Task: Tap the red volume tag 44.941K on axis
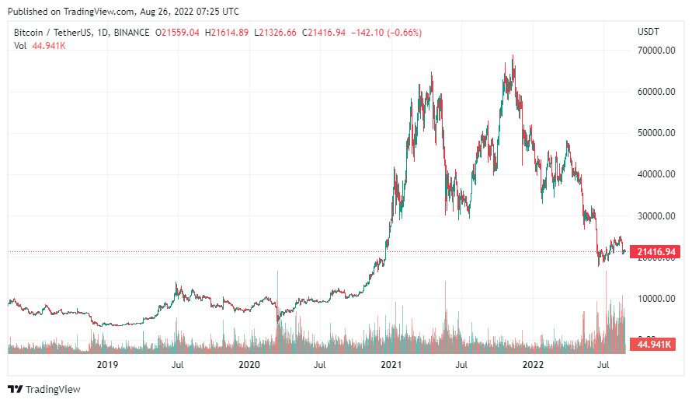(654, 344)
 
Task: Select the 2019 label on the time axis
(106, 364)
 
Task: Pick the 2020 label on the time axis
(249, 364)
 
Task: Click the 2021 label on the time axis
(391, 364)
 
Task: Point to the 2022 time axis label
(533, 364)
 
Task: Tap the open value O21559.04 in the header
(178, 32)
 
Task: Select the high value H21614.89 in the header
(227, 32)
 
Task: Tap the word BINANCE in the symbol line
(130, 32)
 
